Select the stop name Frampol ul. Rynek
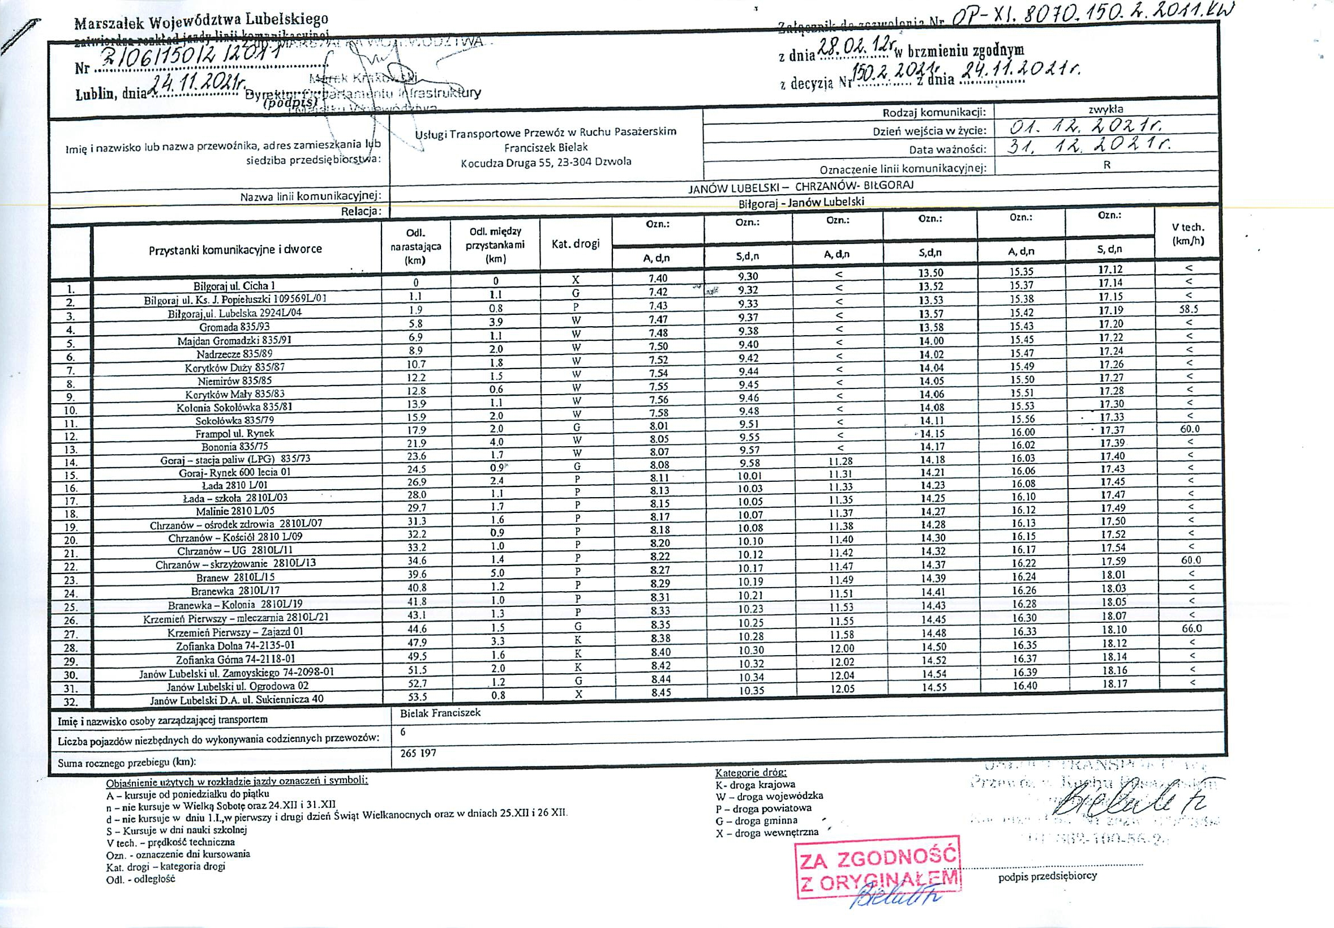(x=235, y=434)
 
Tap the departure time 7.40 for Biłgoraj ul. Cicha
(x=658, y=279)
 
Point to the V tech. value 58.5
(x=1189, y=309)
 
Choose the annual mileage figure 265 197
(x=418, y=753)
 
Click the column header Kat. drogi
(x=576, y=244)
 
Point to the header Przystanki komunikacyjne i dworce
(x=235, y=250)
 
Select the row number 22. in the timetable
(x=71, y=567)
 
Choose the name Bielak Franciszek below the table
(x=440, y=712)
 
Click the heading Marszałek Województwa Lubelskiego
(x=201, y=22)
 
